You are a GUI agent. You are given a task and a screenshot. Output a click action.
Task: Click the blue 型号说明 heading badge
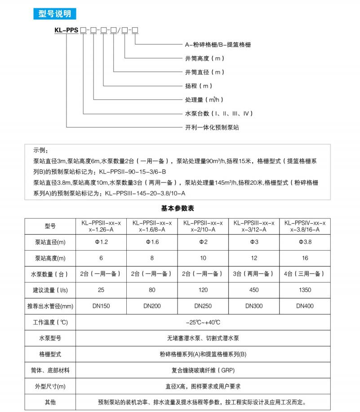[x=52, y=14]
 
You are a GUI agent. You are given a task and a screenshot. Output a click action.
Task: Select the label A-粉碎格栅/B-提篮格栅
[x=218, y=44]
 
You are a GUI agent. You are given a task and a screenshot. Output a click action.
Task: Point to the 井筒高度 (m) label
[x=205, y=58]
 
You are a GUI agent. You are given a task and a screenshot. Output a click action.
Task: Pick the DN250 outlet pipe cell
[x=203, y=306]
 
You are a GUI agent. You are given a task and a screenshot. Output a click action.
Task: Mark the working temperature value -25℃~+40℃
[x=203, y=322]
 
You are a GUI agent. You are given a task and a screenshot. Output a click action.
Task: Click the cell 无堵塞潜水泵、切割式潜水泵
[x=203, y=338]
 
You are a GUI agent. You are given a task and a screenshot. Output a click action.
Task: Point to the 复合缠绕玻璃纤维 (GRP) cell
[x=203, y=370]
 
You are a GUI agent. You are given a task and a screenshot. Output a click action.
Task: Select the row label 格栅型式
[x=50, y=354]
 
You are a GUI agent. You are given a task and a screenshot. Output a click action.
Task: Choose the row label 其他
[x=50, y=402]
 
